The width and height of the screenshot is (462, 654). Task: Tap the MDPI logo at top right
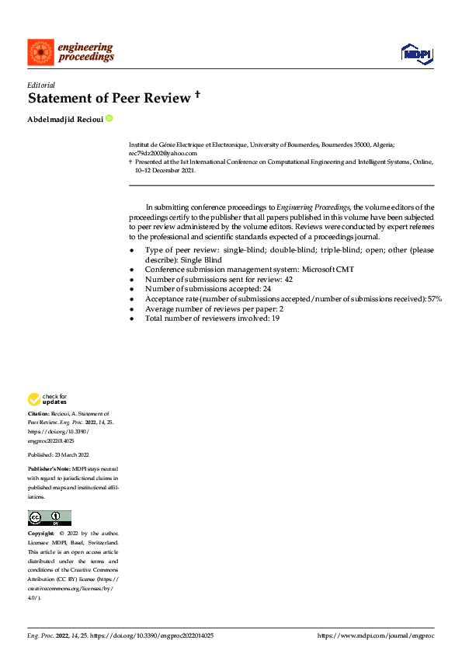coord(417,53)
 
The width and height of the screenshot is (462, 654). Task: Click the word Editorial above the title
coord(40,85)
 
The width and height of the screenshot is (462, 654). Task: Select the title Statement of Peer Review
coord(109,99)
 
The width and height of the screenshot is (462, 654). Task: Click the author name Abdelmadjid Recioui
coord(65,119)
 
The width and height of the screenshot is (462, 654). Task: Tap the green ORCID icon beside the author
coord(109,118)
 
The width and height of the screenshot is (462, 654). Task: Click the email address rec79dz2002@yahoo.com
coord(162,154)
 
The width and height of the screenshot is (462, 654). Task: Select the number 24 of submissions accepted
coord(267,288)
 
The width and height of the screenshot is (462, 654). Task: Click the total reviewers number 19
coord(275,318)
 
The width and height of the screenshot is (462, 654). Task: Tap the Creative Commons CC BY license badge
coord(49,518)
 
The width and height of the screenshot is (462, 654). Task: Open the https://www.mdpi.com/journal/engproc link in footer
coord(376,635)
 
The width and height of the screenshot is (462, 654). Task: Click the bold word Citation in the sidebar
coord(39,415)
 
